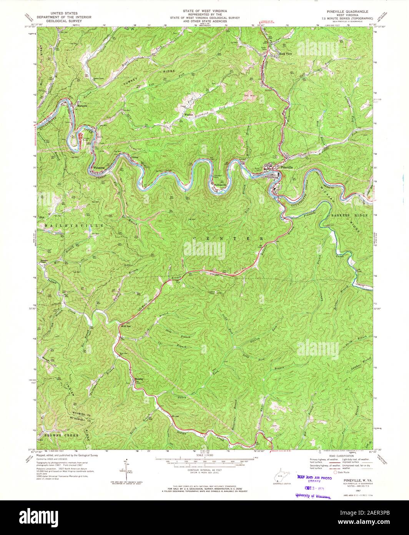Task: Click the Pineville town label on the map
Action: (x=287, y=167)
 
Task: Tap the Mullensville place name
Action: (x=220, y=185)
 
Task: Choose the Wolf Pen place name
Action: (x=127, y=325)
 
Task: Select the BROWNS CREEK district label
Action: (x=62, y=435)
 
